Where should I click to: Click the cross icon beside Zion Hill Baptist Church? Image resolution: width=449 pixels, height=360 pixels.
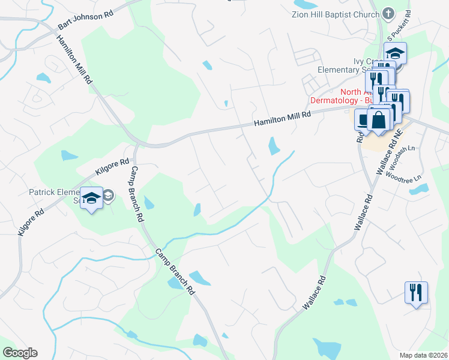388,13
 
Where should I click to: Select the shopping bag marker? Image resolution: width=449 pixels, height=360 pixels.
379,120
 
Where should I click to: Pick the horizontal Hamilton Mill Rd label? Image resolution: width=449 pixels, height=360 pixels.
282,118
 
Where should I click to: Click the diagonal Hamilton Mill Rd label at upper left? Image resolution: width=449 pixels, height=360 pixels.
74,58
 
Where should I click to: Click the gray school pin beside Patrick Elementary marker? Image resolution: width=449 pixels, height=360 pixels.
108,195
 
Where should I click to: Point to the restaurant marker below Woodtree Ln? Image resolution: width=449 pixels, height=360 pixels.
416,293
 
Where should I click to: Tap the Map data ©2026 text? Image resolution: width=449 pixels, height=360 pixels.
423,355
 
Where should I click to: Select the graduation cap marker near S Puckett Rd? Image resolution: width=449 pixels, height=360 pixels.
395,53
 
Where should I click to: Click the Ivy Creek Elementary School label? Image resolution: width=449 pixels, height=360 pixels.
360,65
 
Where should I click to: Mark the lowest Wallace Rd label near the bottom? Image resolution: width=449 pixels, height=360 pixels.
315,293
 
